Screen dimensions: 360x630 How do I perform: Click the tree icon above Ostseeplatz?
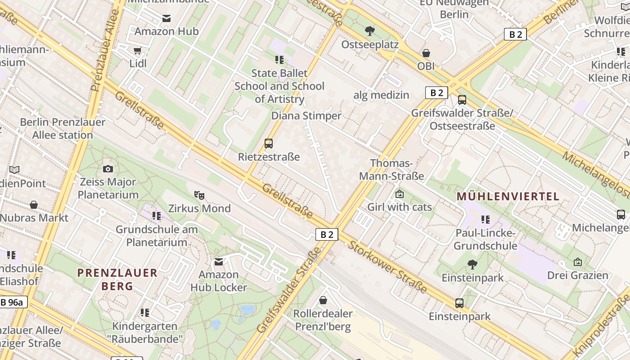click(x=370, y=31)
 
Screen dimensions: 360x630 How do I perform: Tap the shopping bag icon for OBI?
click(x=426, y=53)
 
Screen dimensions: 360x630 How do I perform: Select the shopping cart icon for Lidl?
click(x=138, y=51)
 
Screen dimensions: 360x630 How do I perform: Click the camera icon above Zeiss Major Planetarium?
click(x=108, y=169)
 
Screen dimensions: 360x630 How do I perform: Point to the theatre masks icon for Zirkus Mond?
click(x=199, y=195)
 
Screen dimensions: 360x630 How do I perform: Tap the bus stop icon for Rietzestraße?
click(x=269, y=144)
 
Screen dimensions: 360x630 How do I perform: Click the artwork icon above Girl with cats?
click(x=399, y=194)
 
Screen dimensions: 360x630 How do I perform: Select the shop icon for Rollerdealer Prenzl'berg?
click(x=323, y=300)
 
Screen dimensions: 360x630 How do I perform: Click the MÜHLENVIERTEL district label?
click(x=508, y=196)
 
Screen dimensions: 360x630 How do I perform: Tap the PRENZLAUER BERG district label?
click(x=117, y=279)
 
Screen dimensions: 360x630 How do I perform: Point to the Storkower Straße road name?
click(x=387, y=267)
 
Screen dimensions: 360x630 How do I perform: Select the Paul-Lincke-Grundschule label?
click(x=485, y=239)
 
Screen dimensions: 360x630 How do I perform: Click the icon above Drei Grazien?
click(x=578, y=262)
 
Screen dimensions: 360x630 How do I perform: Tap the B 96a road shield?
click(x=13, y=302)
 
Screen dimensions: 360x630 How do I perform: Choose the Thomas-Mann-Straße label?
click(x=391, y=170)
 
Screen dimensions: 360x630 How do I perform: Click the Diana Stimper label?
click(x=306, y=116)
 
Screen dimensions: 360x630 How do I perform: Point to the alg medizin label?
click(x=381, y=95)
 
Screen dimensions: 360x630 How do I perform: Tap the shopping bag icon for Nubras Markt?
click(x=34, y=205)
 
